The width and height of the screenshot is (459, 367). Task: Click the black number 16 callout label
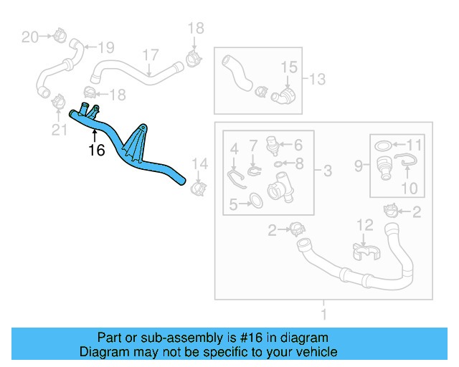[96, 151]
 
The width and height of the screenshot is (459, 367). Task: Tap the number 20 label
[29, 37]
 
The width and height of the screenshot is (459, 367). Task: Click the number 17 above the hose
[150, 55]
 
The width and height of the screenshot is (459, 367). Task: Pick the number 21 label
[59, 129]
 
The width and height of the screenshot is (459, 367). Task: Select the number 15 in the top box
[288, 67]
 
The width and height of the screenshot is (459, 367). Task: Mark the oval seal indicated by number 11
[384, 146]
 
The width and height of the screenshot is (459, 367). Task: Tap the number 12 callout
[365, 225]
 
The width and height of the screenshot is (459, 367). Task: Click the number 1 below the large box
[323, 314]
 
